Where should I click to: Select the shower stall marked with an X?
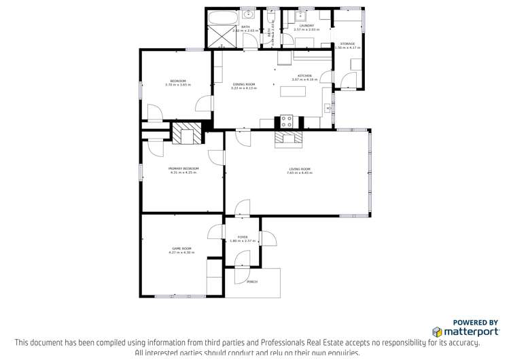pyautogui.click(x=220, y=38)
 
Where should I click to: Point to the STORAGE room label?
pyautogui.click(x=347, y=43)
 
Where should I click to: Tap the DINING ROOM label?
pyautogui.click(x=225, y=84)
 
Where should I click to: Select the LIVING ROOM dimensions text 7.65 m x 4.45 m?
pyautogui.click(x=299, y=173)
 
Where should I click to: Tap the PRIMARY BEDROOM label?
pyautogui.click(x=183, y=168)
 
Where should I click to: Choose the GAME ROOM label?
pyautogui.click(x=181, y=249)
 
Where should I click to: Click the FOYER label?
pyautogui.click(x=242, y=237)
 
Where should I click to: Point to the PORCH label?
pyautogui.click(x=252, y=281)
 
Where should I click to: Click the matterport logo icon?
pyautogui.click(x=437, y=332)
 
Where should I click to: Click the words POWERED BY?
pyautogui.click(x=475, y=323)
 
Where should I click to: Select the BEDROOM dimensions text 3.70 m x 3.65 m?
pyautogui.click(x=177, y=85)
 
